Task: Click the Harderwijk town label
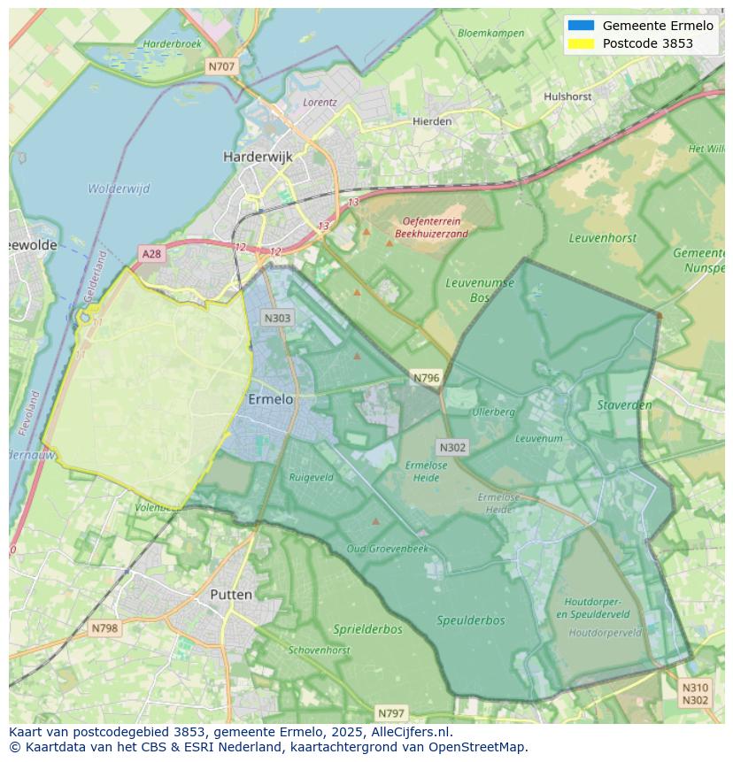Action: tap(258, 157)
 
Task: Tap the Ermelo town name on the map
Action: tap(270, 399)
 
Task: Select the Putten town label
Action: tap(231, 595)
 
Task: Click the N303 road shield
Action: tap(277, 318)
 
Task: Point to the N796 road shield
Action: tap(426, 378)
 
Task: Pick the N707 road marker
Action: tap(222, 66)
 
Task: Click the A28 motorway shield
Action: tap(152, 254)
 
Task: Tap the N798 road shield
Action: tap(104, 628)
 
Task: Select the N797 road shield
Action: tap(390, 712)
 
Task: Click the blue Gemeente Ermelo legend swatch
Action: tap(581, 26)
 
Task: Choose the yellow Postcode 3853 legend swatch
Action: tap(581, 43)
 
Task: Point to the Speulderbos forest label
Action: tap(471, 620)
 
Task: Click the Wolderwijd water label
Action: tap(119, 189)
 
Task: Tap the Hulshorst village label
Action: tap(567, 96)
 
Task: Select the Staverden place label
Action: tap(624, 405)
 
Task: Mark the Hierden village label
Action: tap(432, 121)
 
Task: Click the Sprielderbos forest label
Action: tap(367, 629)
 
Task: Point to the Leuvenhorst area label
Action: tap(602, 238)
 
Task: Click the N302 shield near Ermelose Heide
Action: tap(451, 448)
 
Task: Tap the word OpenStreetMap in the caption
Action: tap(479, 746)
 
